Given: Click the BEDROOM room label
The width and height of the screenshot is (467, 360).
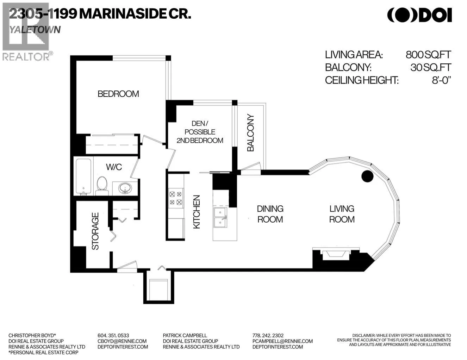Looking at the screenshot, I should pyautogui.click(x=118, y=94).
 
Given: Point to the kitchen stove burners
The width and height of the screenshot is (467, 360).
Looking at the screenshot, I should pyautogui.click(x=175, y=198).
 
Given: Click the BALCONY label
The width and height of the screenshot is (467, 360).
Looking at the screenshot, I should pyautogui.click(x=250, y=133).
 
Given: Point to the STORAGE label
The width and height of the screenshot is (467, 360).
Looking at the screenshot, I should pyautogui.click(x=95, y=231).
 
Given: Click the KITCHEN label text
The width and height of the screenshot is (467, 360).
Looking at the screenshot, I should pyautogui.click(x=197, y=212).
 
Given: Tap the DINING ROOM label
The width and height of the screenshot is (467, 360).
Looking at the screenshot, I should pyautogui.click(x=270, y=214).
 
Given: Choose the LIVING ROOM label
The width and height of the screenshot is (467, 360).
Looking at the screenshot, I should pyautogui.click(x=342, y=214).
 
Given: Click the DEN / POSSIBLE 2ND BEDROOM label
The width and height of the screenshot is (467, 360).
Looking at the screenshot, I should pyautogui.click(x=200, y=132).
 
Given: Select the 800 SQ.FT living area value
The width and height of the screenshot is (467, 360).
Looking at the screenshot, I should pyautogui.click(x=428, y=55).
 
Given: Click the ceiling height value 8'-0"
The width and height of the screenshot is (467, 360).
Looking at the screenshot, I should pyautogui.click(x=441, y=80).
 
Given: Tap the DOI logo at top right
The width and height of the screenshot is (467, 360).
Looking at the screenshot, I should pyautogui.click(x=419, y=15).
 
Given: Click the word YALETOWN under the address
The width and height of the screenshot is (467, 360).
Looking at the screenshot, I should pyautogui.click(x=35, y=30).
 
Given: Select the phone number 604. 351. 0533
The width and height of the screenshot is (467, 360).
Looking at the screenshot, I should pyautogui.click(x=113, y=335).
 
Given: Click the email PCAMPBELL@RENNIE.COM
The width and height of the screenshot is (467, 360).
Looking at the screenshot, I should pyautogui.click(x=282, y=341).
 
